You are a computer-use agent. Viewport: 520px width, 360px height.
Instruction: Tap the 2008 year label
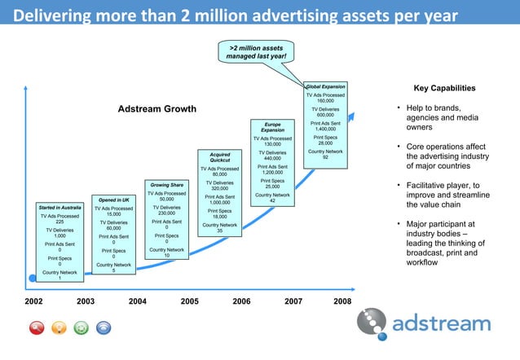click(343, 302)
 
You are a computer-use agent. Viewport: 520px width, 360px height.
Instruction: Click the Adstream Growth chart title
click(157, 109)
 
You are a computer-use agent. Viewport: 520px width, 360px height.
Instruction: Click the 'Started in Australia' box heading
click(59, 208)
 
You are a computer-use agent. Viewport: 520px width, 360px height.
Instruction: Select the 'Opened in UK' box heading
click(113, 200)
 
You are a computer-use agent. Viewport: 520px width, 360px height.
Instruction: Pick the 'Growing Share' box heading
click(166, 185)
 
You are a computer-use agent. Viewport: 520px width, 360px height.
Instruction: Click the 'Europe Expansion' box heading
click(273, 127)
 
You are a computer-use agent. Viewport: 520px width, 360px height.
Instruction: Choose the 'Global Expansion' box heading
click(325, 86)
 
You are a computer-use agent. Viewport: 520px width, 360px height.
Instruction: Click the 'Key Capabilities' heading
click(444, 89)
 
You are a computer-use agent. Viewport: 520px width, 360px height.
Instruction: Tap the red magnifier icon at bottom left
click(37, 328)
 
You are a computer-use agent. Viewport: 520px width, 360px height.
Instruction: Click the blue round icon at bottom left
click(104, 328)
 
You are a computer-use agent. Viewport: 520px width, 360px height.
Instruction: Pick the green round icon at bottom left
click(81, 328)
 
